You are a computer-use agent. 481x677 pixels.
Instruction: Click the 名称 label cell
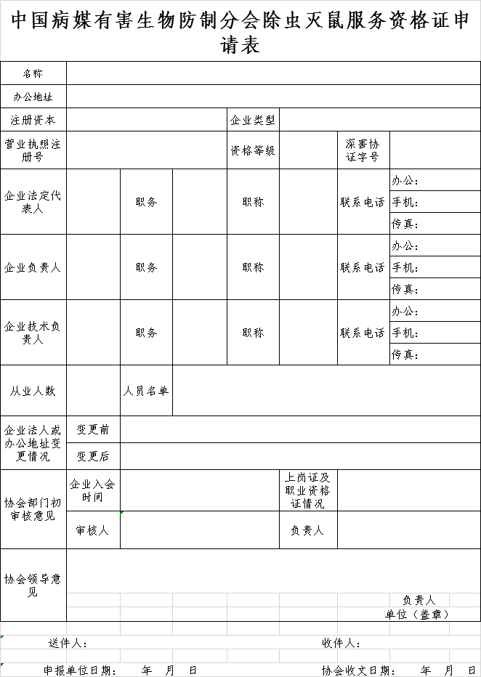point(33,73)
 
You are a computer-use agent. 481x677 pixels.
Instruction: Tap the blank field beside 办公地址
point(273,97)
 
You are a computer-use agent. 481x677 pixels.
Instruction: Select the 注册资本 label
point(33,120)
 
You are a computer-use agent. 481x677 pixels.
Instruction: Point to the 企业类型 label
point(253,120)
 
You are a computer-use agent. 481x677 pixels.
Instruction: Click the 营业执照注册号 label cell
point(33,150)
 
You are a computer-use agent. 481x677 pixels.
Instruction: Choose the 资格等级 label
point(253,150)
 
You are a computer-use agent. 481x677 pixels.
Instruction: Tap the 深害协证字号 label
point(363,150)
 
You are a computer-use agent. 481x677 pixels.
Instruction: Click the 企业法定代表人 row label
point(33,202)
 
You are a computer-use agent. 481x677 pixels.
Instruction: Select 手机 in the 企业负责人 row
point(405,267)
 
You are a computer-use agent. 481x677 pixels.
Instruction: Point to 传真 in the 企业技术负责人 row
point(405,354)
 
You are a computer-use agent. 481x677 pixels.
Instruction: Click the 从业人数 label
point(33,391)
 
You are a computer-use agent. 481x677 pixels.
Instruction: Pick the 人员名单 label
point(146,391)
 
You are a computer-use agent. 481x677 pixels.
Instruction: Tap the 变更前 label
point(93,430)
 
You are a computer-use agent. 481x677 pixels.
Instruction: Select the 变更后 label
point(93,456)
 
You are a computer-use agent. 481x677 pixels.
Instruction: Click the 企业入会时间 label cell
point(93,490)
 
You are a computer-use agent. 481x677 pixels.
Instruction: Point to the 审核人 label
point(93,530)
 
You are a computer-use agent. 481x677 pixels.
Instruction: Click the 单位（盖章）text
point(417,614)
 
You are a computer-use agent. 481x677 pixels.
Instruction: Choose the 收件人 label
point(341,643)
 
